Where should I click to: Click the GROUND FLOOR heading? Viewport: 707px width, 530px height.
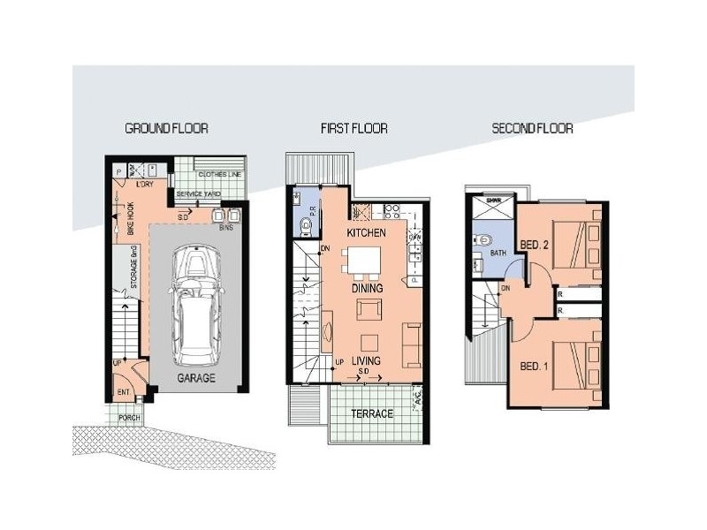(x=166, y=128)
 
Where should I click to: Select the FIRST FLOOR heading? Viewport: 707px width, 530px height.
(x=353, y=128)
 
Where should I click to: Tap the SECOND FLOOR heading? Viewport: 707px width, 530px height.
(x=532, y=128)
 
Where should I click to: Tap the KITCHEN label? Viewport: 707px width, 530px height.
(x=368, y=233)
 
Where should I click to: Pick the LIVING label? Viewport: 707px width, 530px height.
(x=367, y=361)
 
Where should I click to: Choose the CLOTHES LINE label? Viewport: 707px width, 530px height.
(x=219, y=175)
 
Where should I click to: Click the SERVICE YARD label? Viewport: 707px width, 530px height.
(x=199, y=194)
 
